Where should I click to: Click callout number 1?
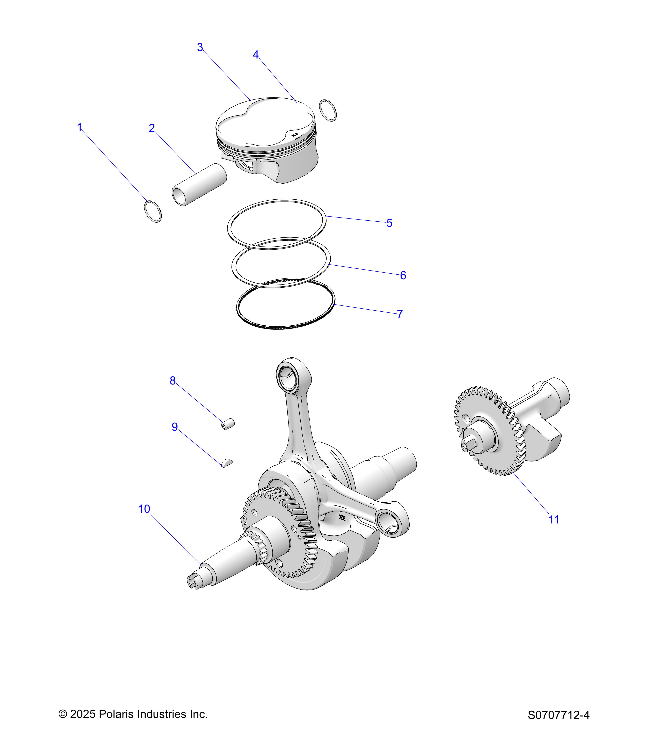[80, 127]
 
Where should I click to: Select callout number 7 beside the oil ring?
[400, 314]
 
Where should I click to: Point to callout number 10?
[144, 509]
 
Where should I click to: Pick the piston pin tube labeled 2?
[199, 185]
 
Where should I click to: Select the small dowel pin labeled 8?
[228, 424]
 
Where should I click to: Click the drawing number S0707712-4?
[558, 715]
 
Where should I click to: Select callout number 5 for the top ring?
[389, 223]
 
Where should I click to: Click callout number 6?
[403, 275]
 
